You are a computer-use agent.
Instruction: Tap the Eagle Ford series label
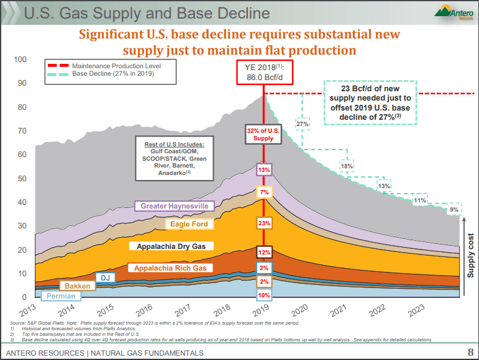coord(189,223)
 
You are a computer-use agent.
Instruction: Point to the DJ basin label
coord(105,278)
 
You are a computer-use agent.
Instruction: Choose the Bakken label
coord(78,286)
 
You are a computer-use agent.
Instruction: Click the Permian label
coord(61,296)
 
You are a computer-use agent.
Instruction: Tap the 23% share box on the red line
coord(264,223)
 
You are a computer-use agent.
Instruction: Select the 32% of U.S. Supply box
coord(263,134)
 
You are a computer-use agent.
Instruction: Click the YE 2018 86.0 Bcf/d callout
coord(264,73)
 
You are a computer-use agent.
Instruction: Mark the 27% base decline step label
coord(303,124)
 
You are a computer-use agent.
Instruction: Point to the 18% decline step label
coord(347,166)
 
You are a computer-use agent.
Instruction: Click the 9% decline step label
coord(454,210)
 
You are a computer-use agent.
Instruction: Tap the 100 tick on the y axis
coord(21,60)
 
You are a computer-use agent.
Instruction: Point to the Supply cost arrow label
coord(470,255)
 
